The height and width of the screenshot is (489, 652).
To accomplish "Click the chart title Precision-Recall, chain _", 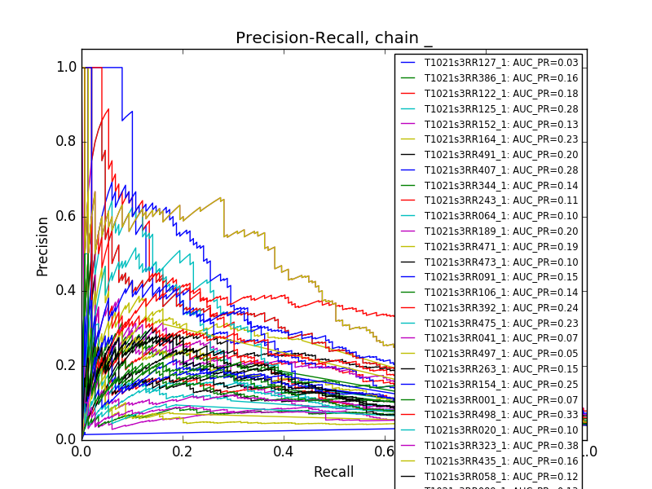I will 334,38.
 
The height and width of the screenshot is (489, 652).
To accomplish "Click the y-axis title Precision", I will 43,246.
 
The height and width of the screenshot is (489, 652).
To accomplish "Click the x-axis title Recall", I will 333,472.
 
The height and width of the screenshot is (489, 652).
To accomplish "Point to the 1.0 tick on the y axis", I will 67,68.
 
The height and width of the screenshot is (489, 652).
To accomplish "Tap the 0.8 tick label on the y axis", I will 67,142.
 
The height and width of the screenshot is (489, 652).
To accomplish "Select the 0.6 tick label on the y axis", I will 67,216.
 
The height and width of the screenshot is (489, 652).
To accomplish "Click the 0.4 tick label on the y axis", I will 67,291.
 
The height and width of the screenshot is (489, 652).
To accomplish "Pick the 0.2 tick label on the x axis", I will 183,451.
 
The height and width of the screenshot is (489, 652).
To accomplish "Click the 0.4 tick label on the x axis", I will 284,451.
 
